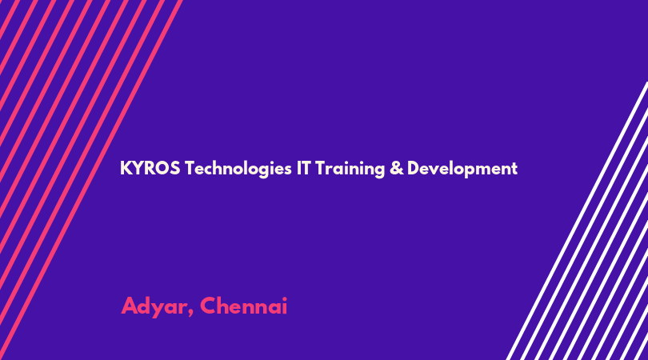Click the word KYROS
coord(150,168)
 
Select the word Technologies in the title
coord(238,170)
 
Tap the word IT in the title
coord(303,168)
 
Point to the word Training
coord(350,170)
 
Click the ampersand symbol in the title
coord(396,169)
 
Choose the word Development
coord(462,170)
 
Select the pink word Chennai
coord(243,306)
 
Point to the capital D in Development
coord(414,168)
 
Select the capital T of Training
coord(321,168)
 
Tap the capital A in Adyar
coord(130,306)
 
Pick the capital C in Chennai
coord(210,306)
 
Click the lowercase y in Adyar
coord(159,310)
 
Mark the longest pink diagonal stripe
coord(90,180)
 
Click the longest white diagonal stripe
coord(577,221)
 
